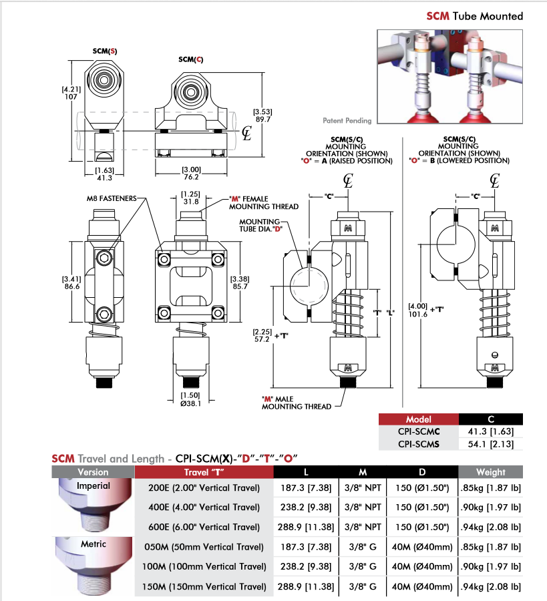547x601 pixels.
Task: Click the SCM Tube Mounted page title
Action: tap(475, 16)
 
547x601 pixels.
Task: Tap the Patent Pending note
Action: tap(347, 121)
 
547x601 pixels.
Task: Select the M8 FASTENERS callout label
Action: tap(112, 198)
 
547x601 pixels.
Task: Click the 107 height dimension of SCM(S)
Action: tap(71, 95)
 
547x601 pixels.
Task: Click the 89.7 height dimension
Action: tap(262, 120)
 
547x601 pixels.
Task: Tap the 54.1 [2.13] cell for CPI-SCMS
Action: tap(491, 443)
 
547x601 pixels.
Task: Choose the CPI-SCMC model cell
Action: tap(419, 431)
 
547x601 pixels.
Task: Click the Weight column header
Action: tap(490, 472)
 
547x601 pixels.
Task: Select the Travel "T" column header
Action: tap(204, 472)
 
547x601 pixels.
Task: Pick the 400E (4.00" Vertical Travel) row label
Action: tap(204, 508)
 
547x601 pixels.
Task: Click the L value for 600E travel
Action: tap(306, 527)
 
